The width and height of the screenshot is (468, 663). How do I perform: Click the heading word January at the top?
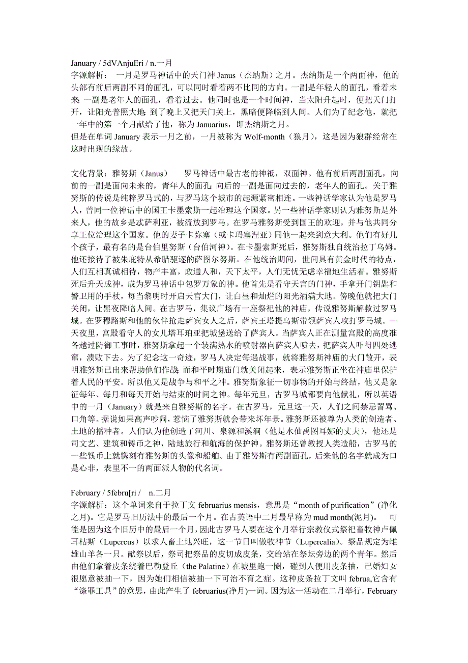click(x=83, y=64)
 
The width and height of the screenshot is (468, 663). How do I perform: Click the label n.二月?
click(x=159, y=492)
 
